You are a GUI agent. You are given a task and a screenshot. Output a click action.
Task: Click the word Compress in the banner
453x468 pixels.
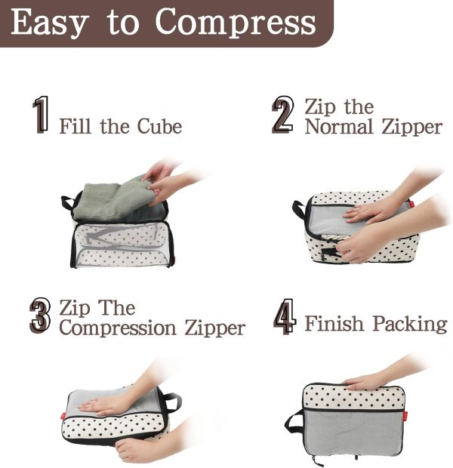pos(236,22)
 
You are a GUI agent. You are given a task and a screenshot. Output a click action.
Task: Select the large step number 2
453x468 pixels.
pos(282,115)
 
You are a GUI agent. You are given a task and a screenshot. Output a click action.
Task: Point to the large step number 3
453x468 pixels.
pos(40,316)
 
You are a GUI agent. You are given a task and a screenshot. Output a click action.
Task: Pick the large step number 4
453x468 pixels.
pos(285,316)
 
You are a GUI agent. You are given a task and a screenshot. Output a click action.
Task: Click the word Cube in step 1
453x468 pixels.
pos(159,126)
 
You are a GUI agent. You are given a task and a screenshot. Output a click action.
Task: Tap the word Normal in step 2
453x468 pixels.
pos(339,127)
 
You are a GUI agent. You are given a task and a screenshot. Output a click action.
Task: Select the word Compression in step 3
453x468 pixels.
pos(118,328)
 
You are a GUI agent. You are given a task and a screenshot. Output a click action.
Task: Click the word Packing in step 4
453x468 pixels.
pos(410,324)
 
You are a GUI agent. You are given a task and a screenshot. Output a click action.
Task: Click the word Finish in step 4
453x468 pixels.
pos(334,323)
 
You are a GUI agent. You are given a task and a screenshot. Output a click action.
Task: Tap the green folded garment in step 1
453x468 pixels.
pos(115,198)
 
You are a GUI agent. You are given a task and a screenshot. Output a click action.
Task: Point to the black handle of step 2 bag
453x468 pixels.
pos(299,209)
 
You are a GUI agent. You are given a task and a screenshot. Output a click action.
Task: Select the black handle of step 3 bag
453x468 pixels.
pos(171,402)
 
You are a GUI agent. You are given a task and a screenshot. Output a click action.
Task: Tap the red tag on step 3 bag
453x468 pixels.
pos(63,416)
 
